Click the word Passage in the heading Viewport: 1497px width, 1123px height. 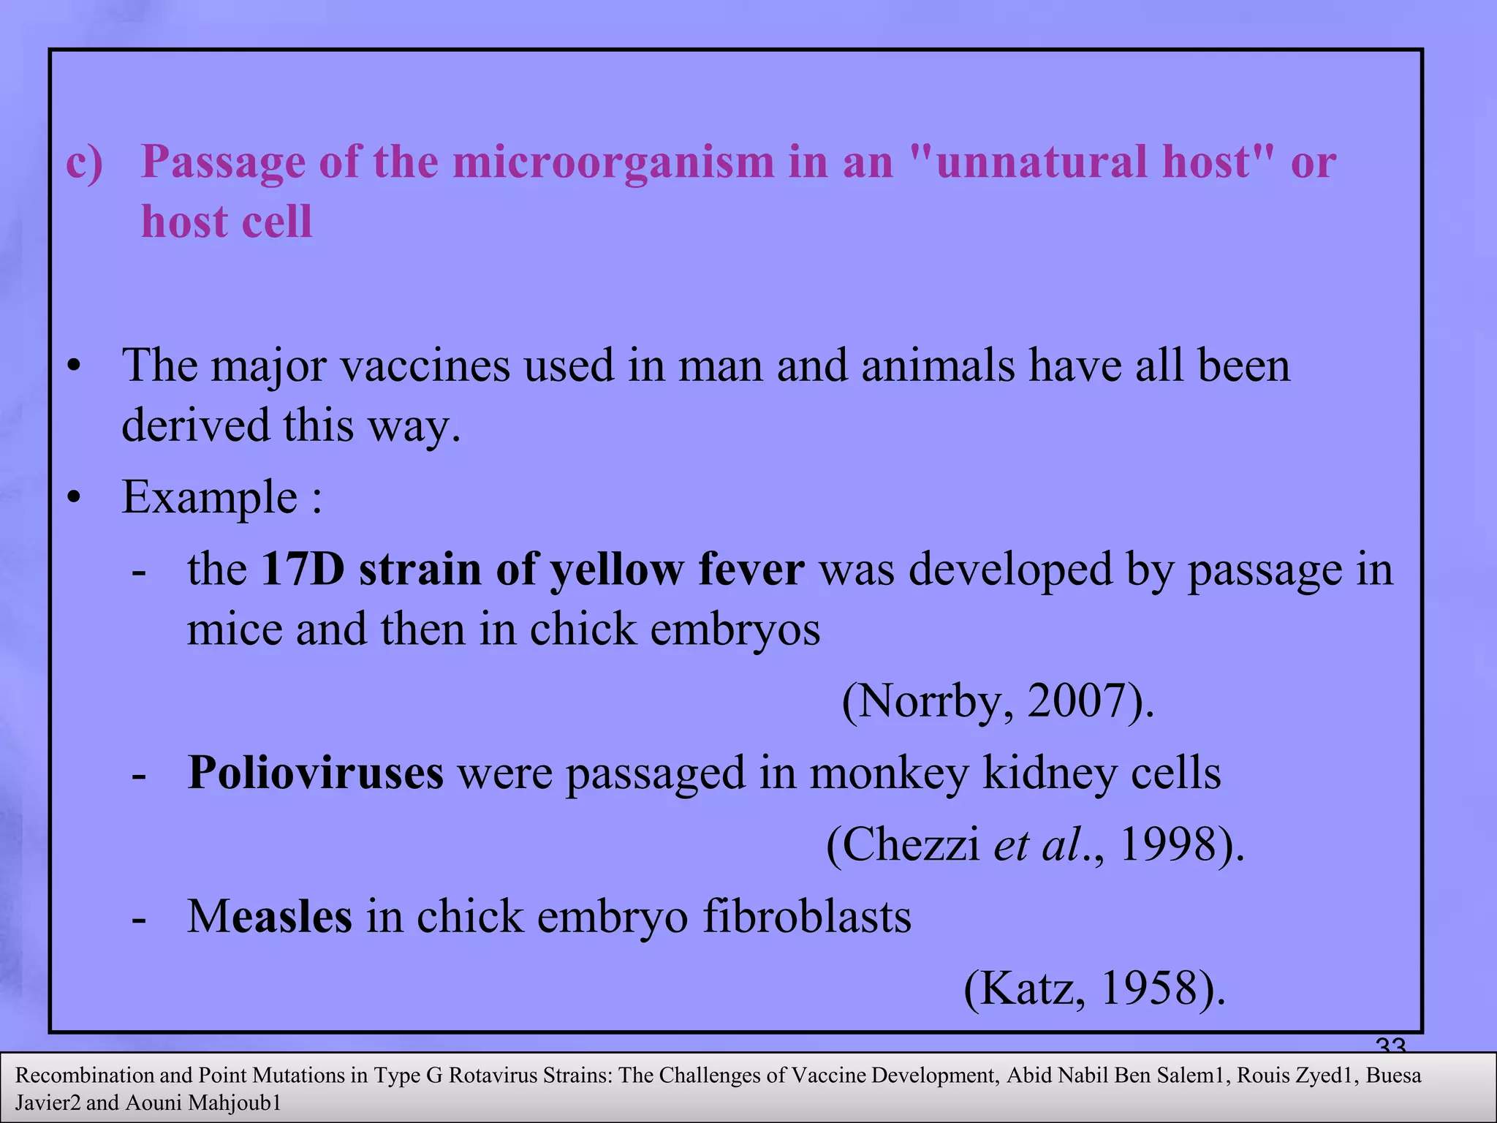click(x=223, y=163)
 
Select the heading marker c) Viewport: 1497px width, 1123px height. click(x=84, y=162)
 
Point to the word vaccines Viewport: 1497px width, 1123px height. click(x=425, y=366)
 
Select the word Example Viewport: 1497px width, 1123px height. click(x=209, y=498)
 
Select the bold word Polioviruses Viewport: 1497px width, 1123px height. click(x=315, y=773)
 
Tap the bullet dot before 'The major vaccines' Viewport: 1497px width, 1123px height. click(x=72, y=366)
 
